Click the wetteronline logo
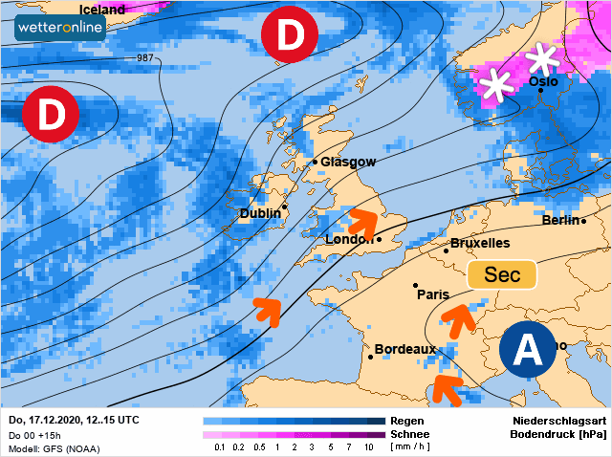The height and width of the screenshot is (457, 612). coord(59,29)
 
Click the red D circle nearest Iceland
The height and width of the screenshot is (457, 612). coord(289,36)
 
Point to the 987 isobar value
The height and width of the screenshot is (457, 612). coord(145,58)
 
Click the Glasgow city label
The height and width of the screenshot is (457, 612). coord(348,163)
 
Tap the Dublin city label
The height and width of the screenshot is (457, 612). coord(260,213)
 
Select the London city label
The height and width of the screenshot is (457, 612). coord(349,239)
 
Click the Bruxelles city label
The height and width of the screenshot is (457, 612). coord(479,244)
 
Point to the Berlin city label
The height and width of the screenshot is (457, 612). coord(561,220)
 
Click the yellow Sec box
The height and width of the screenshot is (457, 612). coord(502,275)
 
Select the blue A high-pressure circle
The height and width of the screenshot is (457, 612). coord(527,351)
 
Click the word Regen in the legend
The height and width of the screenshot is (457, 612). coord(407,421)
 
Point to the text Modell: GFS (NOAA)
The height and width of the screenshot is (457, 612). coord(54,448)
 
